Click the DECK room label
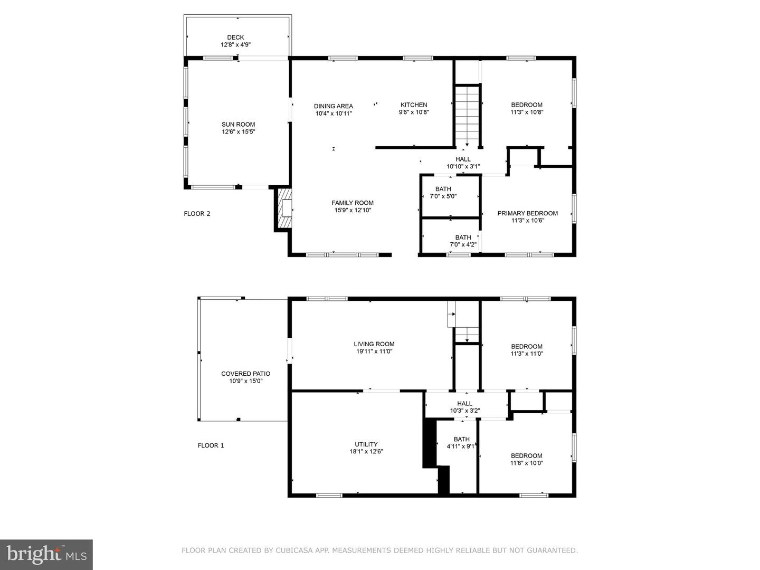(x=235, y=37)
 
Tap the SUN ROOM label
(x=238, y=125)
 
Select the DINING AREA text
(x=333, y=106)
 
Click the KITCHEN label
(x=414, y=104)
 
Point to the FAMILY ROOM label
(x=352, y=203)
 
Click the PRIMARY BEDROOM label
(x=527, y=213)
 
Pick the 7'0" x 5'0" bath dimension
(x=440, y=196)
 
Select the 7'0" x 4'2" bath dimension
(x=463, y=244)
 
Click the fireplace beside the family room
(x=284, y=209)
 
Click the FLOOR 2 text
(x=197, y=214)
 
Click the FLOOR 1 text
(x=211, y=445)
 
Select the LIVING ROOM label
(x=374, y=344)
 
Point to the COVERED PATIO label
(x=245, y=374)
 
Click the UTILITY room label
(x=366, y=444)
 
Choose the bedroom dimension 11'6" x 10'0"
(x=526, y=463)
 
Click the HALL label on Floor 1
(x=464, y=403)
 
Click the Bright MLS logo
(x=46, y=554)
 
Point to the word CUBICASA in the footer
(x=296, y=550)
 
